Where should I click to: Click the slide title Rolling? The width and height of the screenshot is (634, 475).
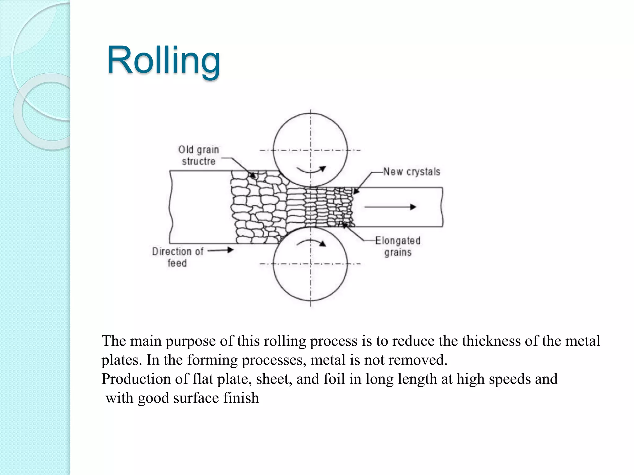[x=163, y=60]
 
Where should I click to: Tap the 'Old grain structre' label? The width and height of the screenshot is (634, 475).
[x=198, y=155]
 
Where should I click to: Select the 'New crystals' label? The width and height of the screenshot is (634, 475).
[x=411, y=172]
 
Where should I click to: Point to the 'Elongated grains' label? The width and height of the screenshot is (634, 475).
[x=398, y=246]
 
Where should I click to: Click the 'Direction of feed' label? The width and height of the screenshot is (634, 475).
[x=177, y=257]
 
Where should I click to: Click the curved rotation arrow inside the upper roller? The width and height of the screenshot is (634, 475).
[x=311, y=169]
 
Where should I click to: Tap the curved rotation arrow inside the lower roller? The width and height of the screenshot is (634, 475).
[x=311, y=242]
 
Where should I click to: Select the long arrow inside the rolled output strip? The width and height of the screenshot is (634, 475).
[x=390, y=207]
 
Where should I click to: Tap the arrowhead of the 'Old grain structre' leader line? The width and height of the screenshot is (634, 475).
[x=253, y=176]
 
